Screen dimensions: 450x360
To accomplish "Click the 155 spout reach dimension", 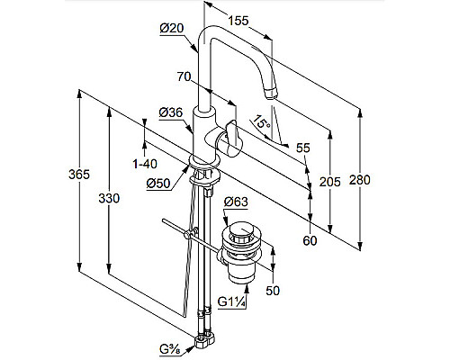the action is coord(238,21).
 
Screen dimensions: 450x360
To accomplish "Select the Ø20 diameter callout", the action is coord(172,28).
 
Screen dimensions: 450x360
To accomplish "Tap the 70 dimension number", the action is coord(184,76).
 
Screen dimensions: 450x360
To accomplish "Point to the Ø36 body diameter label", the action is coord(171,112).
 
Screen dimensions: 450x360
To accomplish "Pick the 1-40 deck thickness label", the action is coord(145,164).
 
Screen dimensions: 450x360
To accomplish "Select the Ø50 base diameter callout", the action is coord(158,184).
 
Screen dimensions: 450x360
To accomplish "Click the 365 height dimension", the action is coord(79,175).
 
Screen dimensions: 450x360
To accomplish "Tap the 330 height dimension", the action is coord(109,198).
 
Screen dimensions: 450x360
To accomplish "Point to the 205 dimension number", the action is coord(330,182).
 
